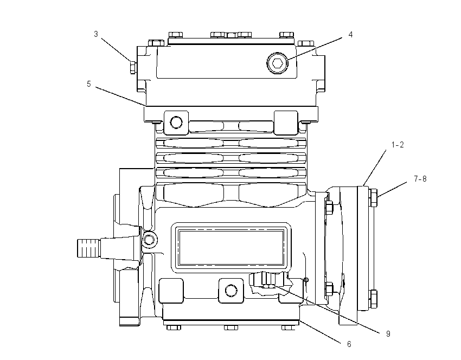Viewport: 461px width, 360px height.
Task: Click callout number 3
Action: coord(96,34)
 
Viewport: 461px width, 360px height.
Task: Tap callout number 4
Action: coord(350,35)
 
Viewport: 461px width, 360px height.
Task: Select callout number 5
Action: coord(89,84)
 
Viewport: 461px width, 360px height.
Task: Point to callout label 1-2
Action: coord(398,145)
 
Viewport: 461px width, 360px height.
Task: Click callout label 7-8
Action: coord(420,179)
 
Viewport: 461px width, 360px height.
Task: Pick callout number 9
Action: coord(388,334)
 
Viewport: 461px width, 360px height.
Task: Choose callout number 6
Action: coord(349,344)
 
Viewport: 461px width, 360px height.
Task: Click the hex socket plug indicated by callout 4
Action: coord(277,63)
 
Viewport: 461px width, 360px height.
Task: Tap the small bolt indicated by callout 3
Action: coord(133,68)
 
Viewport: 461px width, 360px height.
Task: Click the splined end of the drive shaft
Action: coord(88,248)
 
